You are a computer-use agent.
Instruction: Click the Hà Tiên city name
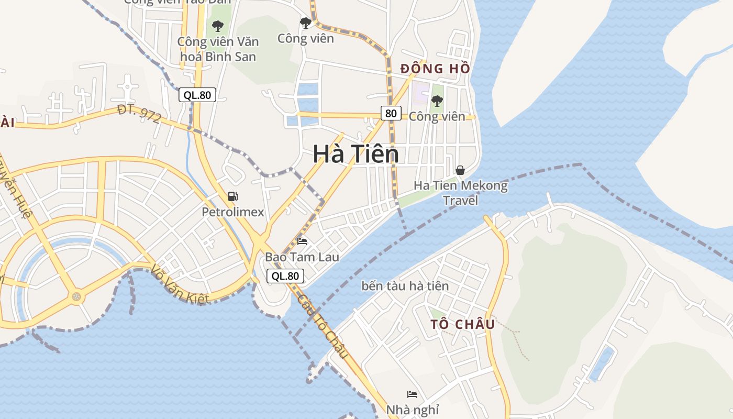click(x=356, y=154)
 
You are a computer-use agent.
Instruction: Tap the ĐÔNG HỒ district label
click(x=435, y=68)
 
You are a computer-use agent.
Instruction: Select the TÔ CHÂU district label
click(x=462, y=324)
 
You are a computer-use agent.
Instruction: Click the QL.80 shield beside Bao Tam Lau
click(x=285, y=276)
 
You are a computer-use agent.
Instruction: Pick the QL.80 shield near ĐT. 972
click(x=197, y=95)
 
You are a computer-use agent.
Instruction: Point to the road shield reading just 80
click(x=391, y=113)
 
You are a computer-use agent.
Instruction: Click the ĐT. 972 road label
click(x=139, y=114)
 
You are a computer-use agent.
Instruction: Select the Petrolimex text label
click(x=233, y=212)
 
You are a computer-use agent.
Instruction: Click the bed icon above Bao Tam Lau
click(x=302, y=241)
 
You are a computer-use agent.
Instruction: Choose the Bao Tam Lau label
click(x=302, y=257)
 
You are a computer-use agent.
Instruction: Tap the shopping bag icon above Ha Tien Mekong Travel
click(x=460, y=170)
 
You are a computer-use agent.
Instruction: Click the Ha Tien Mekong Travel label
click(x=461, y=193)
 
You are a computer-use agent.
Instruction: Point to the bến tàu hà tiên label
click(x=405, y=286)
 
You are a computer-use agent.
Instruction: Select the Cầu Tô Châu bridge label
click(x=323, y=326)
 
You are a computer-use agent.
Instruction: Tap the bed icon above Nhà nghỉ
click(x=412, y=394)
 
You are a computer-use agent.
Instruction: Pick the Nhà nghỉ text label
click(x=413, y=410)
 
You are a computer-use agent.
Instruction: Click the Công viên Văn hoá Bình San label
click(x=218, y=49)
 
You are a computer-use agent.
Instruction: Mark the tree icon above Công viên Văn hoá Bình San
click(x=218, y=25)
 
